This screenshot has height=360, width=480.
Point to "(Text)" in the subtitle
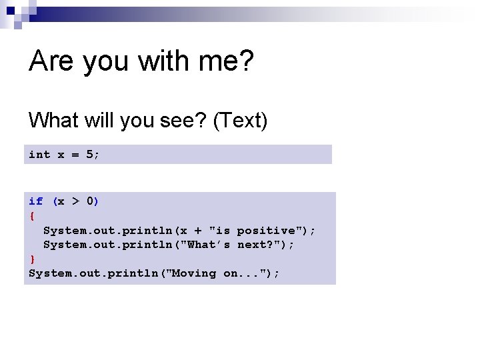240,121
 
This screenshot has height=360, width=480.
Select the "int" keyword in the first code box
39,155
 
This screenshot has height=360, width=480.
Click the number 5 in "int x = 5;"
90,155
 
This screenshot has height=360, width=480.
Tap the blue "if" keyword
36,201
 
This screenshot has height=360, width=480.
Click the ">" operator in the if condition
75,201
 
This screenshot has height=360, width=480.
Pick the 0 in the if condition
90,201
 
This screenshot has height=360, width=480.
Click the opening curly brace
32,216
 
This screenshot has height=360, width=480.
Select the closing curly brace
32,259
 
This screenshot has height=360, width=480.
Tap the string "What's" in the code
209,245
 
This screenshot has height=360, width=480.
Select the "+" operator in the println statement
198,231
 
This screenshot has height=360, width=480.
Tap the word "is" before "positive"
223,231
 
